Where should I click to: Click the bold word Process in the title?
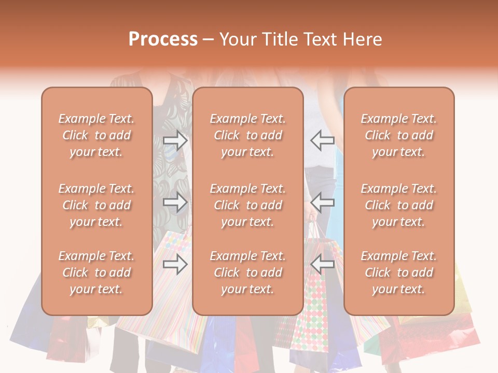[x=163, y=39]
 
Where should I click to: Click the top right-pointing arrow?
[x=175, y=140]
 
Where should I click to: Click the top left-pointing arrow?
[x=322, y=140]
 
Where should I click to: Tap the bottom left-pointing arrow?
[x=322, y=264]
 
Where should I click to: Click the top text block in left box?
[x=96, y=135]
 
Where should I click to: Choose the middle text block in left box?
[x=96, y=205]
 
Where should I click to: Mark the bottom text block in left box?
[x=96, y=272]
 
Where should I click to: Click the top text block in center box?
[x=247, y=135]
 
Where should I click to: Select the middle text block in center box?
[x=247, y=205]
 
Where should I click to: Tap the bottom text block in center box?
[x=247, y=272]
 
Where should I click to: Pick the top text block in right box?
[x=398, y=135]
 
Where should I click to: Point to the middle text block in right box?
[x=398, y=205]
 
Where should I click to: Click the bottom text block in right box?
[x=398, y=272]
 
